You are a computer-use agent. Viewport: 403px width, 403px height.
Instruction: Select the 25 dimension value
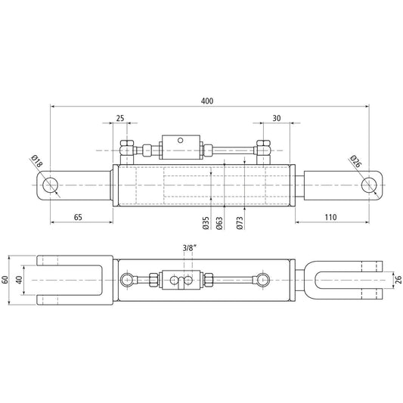tap(120, 119)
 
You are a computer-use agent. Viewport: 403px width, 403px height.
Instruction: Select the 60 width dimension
tap(7, 279)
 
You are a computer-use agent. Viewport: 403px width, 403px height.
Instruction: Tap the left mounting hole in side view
tap(51, 184)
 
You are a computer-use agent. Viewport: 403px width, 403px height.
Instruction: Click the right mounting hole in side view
tap(370, 184)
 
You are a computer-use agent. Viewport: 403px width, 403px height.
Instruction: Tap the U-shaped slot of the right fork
tap(333, 279)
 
